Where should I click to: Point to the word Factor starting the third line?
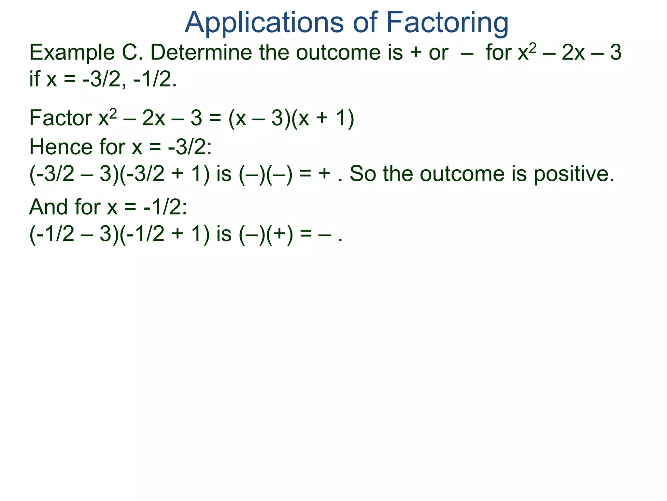61,118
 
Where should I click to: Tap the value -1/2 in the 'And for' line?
165,207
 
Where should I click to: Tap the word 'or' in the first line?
438,53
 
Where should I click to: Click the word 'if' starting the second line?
35,79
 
